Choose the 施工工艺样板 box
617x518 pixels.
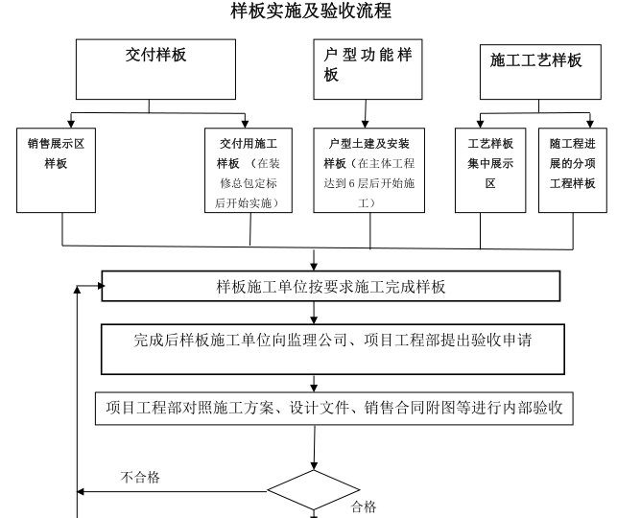pos(535,69)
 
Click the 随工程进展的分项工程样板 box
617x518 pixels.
pos(572,170)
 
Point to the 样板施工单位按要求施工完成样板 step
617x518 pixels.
pos(330,286)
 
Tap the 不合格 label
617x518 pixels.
pos(140,476)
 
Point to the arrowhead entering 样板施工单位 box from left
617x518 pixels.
pos(94,286)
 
